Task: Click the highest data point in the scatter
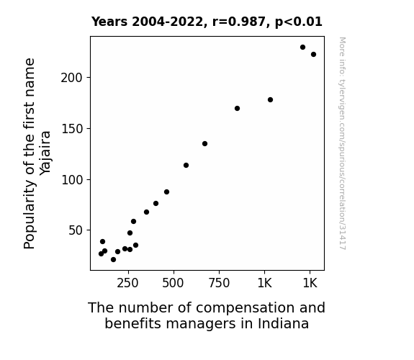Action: pyautogui.click(x=302, y=48)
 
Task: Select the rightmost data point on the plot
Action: pyautogui.click(x=313, y=55)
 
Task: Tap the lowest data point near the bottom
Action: pyautogui.click(x=113, y=260)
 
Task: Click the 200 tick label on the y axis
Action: pyautogui.click(x=72, y=78)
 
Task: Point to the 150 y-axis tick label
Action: pyautogui.click(x=72, y=129)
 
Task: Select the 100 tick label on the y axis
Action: pyautogui.click(x=72, y=180)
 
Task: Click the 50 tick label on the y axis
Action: pyautogui.click(x=76, y=230)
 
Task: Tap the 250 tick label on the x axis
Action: pyautogui.click(x=127, y=284)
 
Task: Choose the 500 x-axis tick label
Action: pyautogui.click(x=173, y=284)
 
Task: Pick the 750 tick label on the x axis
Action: pyautogui.click(x=219, y=284)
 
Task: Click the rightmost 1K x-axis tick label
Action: pyautogui.click(x=310, y=284)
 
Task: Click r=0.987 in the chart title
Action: pyautogui.click(x=239, y=22)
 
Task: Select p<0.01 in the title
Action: pyautogui.click(x=299, y=22)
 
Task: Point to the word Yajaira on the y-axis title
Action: pyautogui.click(x=45, y=153)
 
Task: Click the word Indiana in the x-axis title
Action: pyautogui.click(x=283, y=323)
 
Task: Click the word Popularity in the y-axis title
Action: pyautogui.click(x=29, y=215)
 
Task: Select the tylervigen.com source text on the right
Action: pyautogui.click(x=342, y=143)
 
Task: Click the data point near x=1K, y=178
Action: pyautogui.click(x=270, y=100)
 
